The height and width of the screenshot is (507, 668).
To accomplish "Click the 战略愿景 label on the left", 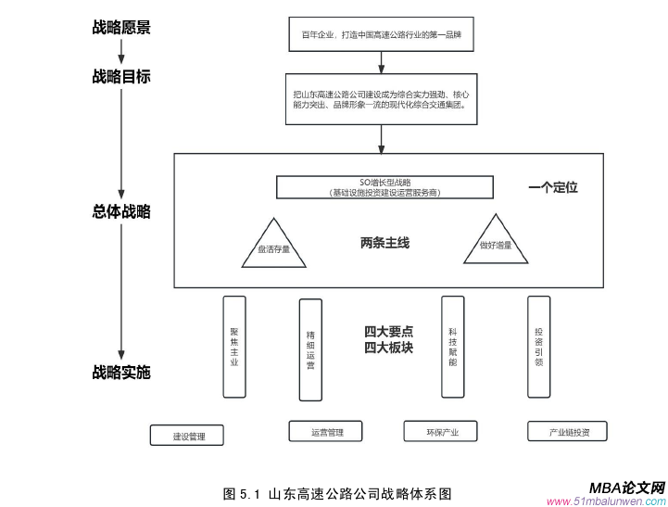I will click(120, 28).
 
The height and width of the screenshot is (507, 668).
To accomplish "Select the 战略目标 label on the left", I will click(120, 77).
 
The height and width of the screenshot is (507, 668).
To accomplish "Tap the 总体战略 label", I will click(120, 211).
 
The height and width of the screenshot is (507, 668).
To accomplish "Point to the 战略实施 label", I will click(120, 373).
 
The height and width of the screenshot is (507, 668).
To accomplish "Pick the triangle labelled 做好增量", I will click(496, 243).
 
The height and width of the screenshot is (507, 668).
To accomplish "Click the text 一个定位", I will click(553, 187).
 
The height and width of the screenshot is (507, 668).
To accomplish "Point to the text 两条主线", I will click(384, 243).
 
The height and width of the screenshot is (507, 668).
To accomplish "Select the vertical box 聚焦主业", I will click(234, 347).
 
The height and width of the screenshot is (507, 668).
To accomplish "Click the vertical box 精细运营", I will click(310, 350).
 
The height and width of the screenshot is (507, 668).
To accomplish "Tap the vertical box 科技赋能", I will click(452, 347).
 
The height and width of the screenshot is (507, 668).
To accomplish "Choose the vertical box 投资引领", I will click(538, 347).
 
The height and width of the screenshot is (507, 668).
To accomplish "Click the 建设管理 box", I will click(188, 435).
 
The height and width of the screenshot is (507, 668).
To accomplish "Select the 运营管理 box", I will click(328, 432).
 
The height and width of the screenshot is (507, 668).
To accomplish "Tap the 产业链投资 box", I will click(565, 432).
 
